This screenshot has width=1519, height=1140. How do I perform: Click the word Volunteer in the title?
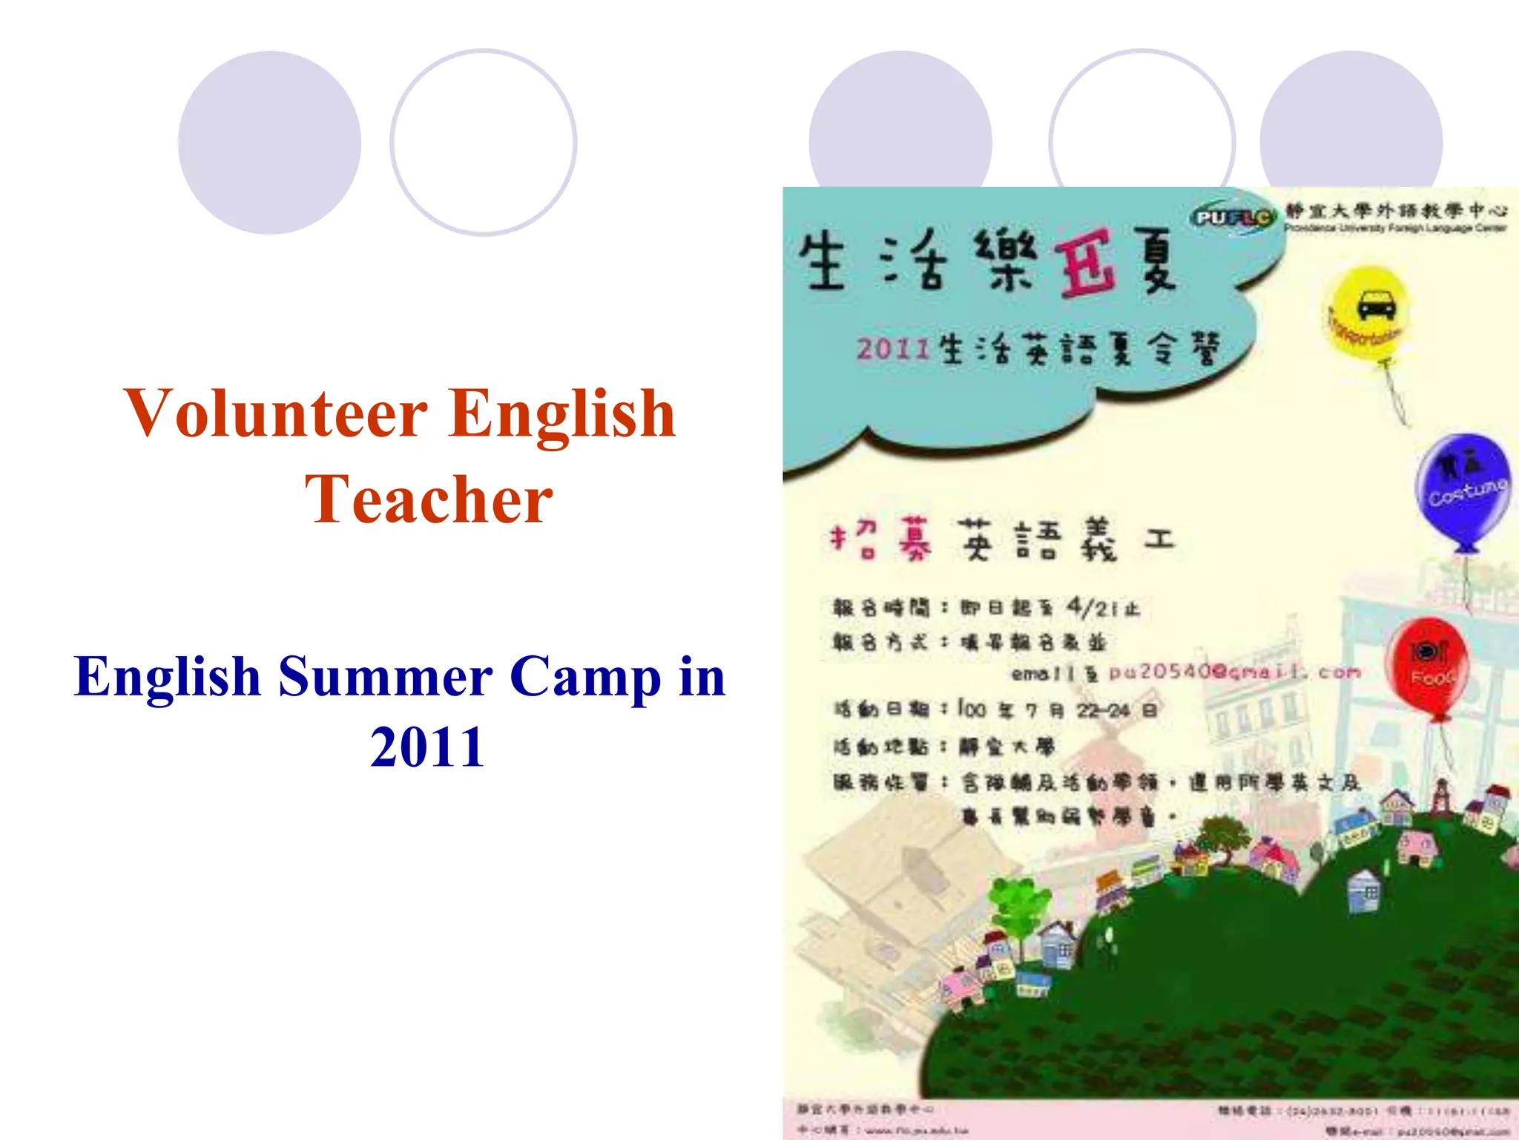click(x=275, y=414)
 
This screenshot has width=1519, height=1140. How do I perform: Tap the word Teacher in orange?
click(x=429, y=499)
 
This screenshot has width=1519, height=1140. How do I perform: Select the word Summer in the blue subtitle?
click(x=386, y=677)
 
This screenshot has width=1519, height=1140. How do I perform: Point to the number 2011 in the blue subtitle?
click(x=427, y=747)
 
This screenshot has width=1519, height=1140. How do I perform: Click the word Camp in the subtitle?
click(x=585, y=677)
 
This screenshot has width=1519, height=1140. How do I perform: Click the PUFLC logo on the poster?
click(x=1233, y=217)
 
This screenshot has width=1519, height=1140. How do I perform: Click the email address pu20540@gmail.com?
click(x=1235, y=672)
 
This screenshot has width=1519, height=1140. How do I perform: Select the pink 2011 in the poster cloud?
click(x=894, y=348)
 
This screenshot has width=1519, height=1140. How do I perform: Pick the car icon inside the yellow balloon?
click(x=1376, y=305)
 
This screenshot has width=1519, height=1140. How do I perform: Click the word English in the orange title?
click(x=561, y=414)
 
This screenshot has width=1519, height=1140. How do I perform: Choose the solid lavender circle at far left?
click(x=269, y=142)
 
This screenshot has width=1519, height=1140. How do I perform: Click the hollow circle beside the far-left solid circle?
click(x=484, y=142)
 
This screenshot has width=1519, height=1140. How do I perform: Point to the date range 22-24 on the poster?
click(x=1103, y=710)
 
